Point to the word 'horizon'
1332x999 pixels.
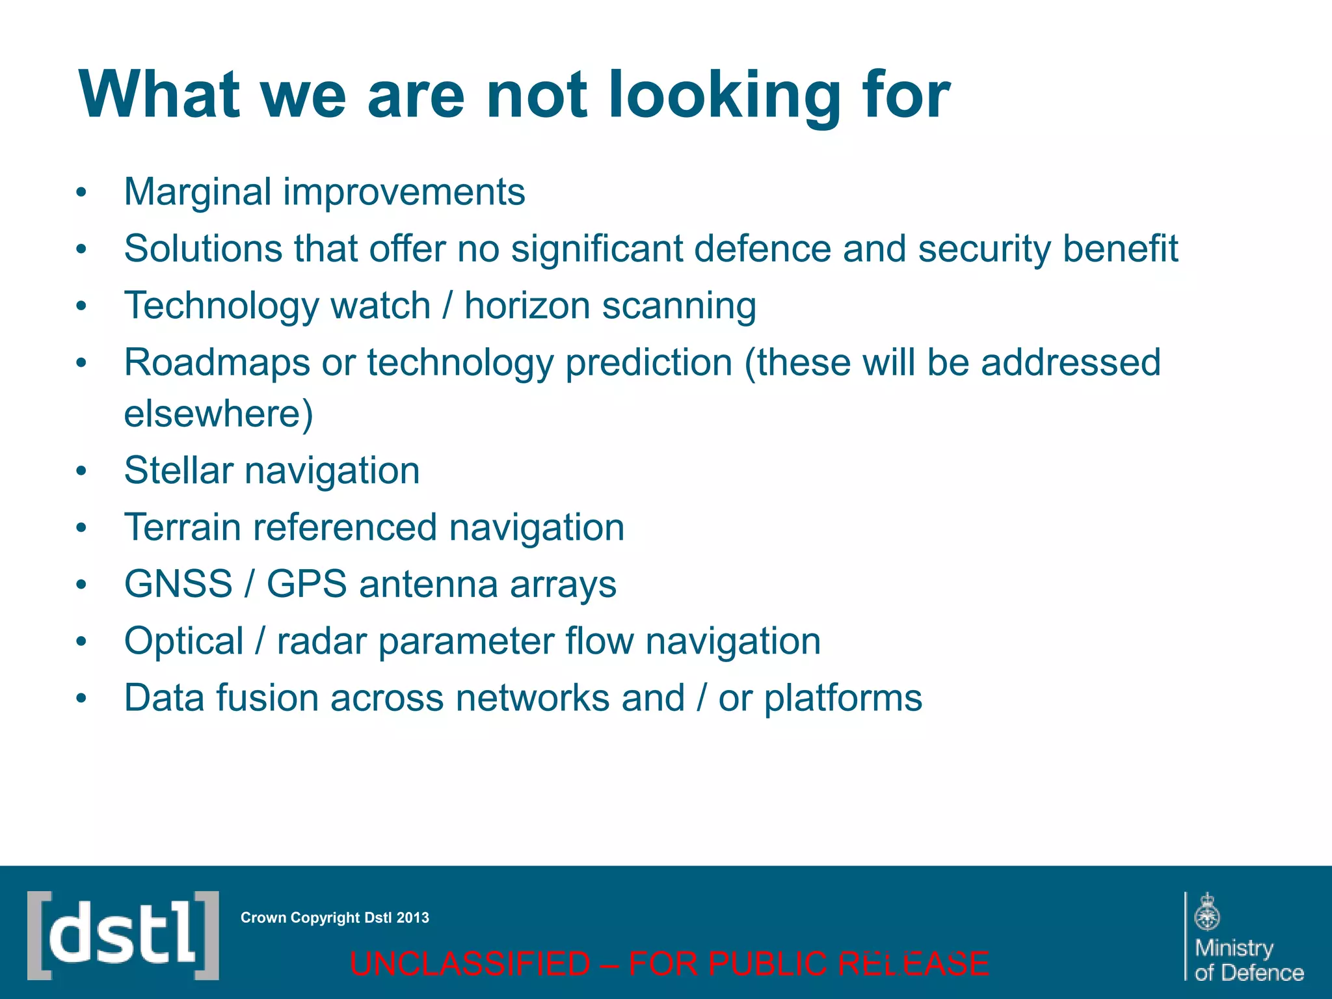pos(526,306)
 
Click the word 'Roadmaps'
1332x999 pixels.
pos(217,363)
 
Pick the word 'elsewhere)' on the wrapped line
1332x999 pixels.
pos(219,414)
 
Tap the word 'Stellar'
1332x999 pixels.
pos(178,470)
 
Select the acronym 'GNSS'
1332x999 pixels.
pos(178,584)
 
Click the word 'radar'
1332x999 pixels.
pos(321,641)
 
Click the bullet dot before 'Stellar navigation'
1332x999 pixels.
pos(81,471)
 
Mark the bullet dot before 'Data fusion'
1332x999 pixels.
pos(81,699)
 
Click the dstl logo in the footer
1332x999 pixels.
pos(123,935)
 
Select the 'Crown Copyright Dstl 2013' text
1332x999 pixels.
pos(334,918)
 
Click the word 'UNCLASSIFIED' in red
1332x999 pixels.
pos(470,964)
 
